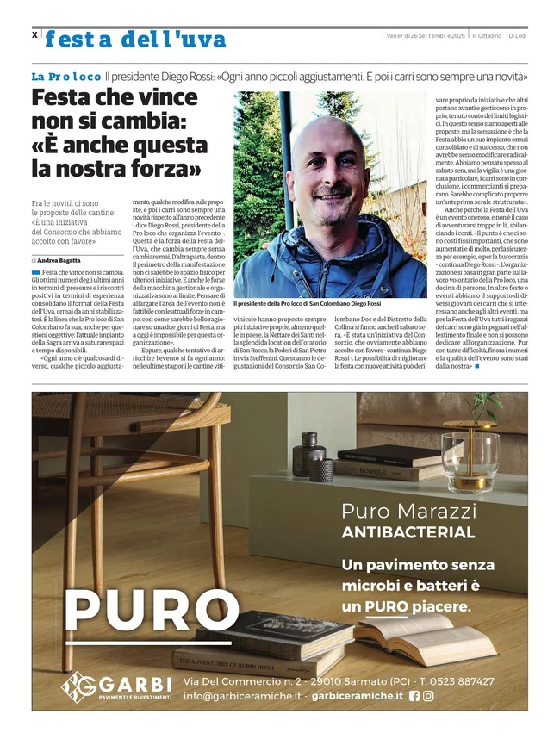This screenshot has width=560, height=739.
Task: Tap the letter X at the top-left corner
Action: (x=34, y=35)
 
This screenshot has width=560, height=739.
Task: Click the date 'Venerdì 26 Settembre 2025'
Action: (x=426, y=35)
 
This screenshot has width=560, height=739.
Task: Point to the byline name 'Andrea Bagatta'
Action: (x=59, y=260)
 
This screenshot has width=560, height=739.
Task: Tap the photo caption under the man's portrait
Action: (x=307, y=303)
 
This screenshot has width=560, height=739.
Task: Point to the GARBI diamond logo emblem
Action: (x=79, y=686)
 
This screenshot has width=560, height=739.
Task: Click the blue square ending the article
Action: (x=476, y=367)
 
